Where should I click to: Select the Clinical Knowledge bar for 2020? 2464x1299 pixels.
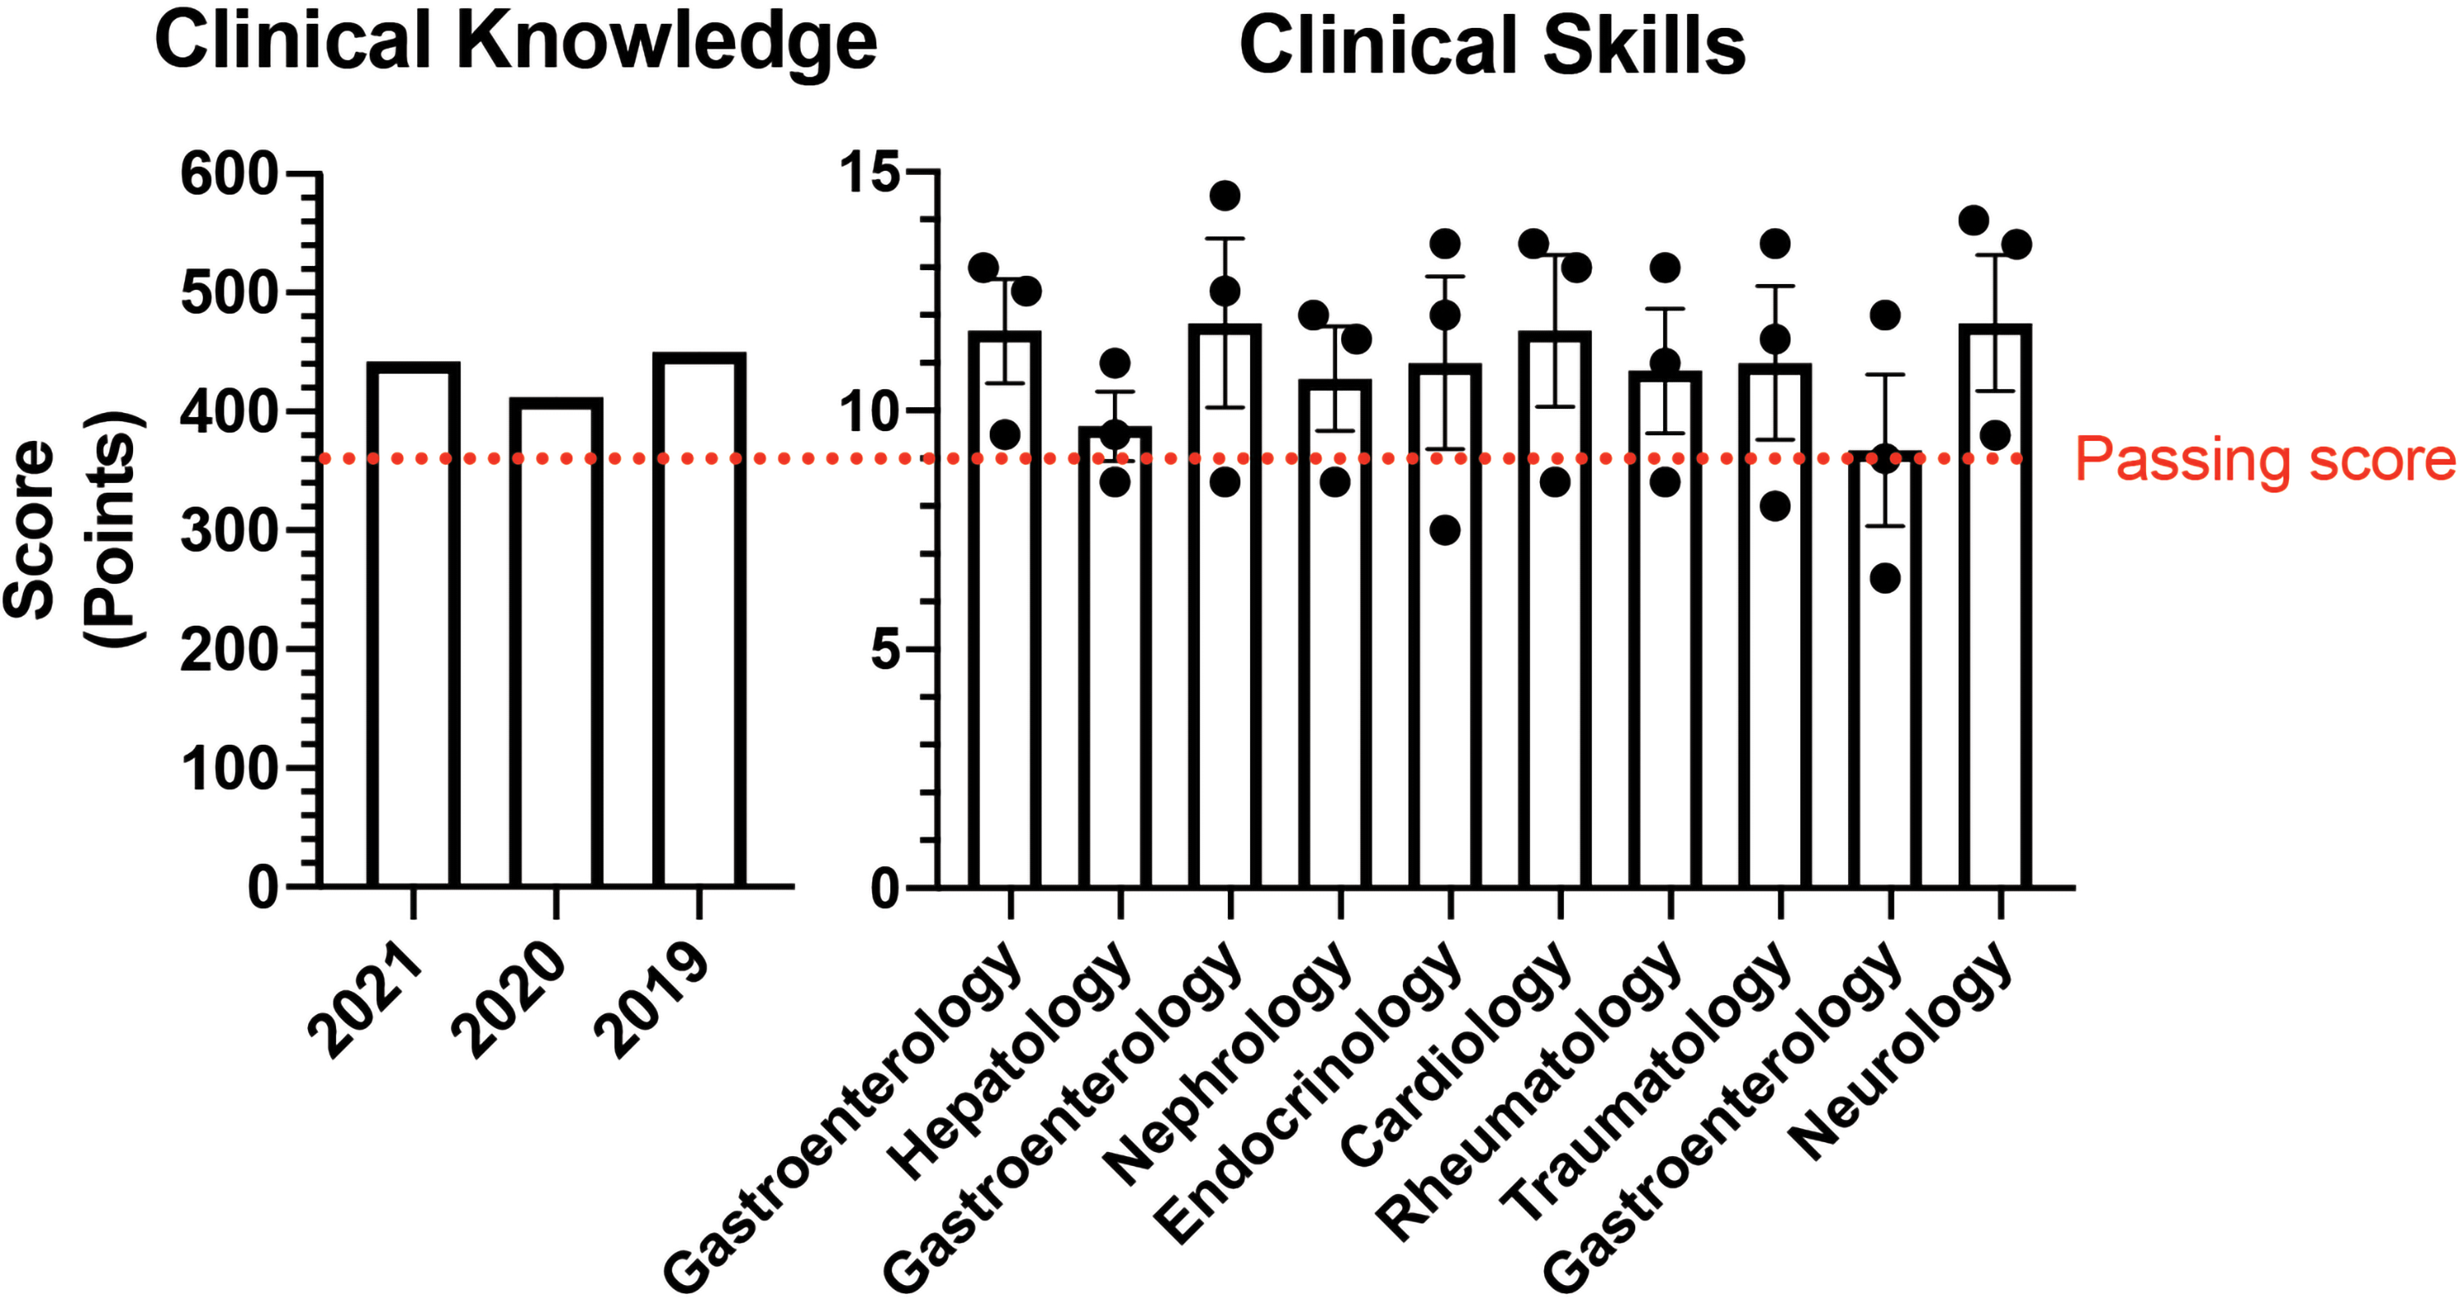(556, 642)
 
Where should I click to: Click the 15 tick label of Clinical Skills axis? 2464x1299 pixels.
(870, 172)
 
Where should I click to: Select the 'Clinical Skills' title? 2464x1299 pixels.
(1492, 46)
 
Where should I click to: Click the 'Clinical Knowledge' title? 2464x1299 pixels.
(516, 42)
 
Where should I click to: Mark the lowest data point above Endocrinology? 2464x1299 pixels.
(1445, 530)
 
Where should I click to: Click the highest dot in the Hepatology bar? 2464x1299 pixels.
(1115, 364)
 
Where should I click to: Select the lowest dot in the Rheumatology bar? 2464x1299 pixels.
(1666, 483)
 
